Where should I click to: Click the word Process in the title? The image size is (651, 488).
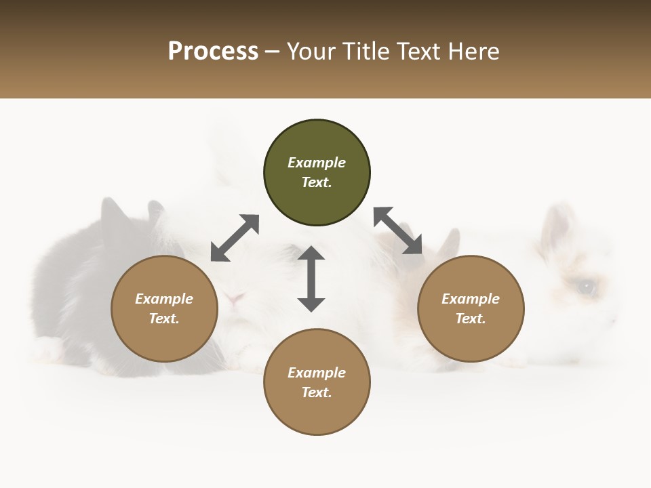point(213,52)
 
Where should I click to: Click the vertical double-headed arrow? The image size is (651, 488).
point(311,279)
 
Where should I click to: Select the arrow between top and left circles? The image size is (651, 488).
point(235,238)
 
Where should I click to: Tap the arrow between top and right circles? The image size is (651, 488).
point(398,230)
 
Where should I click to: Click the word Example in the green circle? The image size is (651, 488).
point(317,163)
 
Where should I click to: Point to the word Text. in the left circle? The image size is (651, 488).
point(164,319)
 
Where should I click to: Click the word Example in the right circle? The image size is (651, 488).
point(471,299)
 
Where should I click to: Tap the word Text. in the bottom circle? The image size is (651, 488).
point(317,392)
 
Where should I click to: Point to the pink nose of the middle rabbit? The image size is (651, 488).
point(235,298)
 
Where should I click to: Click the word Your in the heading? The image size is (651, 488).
point(313,52)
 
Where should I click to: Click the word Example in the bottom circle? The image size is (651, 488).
point(317,373)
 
